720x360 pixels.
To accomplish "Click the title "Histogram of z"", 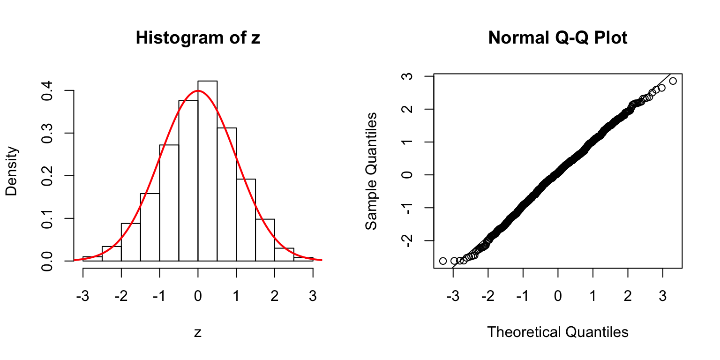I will tap(197, 38).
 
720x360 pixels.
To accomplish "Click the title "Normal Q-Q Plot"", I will tap(557, 38).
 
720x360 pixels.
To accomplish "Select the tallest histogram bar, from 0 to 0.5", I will tap(207, 171).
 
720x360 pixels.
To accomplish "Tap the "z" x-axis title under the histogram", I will tap(198, 332).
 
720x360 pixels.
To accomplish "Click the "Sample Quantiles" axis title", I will tap(371, 171).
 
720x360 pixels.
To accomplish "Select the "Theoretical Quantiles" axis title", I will tap(557, 332).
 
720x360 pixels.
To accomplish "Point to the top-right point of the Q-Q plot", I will tap(673, 81).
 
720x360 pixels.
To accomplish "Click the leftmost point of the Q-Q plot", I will tap(443, 261).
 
